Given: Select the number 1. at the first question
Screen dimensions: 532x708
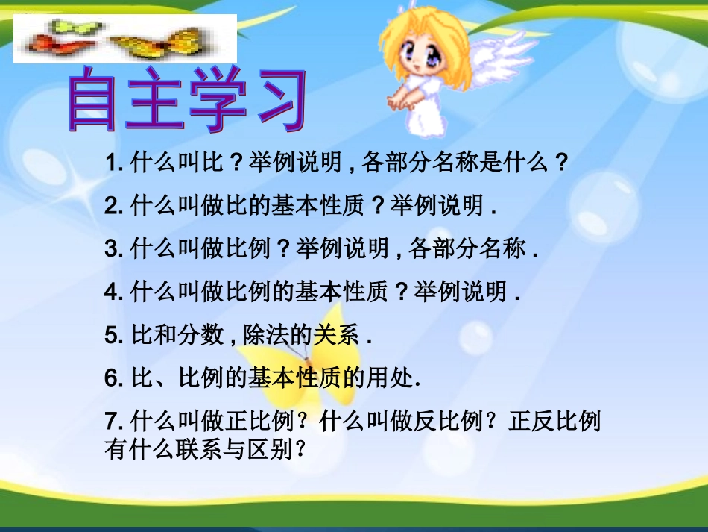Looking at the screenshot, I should coord(115,163).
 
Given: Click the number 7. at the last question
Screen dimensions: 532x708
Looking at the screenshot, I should coord(115,423).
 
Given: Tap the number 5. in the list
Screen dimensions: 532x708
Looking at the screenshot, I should coord(115,337).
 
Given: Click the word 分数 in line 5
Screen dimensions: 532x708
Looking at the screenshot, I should coord(200,337).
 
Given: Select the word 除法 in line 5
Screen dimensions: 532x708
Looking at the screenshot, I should coord(265,337).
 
